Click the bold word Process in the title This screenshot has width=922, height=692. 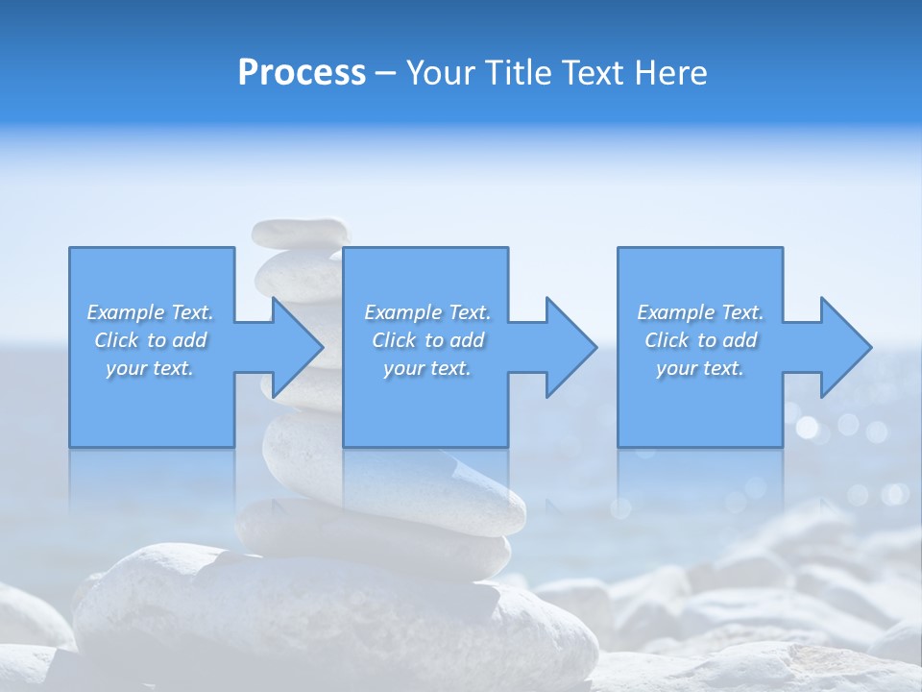tap(302, 73)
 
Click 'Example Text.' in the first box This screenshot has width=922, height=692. tap(150, 312)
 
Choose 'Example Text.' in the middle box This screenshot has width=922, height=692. tap(427, 312)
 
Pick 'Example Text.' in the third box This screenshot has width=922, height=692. tap(700, 312)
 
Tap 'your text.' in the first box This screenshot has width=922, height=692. tap(150, 368)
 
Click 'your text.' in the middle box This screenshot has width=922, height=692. tap(427, 368)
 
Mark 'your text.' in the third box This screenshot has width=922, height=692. tap(700, 368)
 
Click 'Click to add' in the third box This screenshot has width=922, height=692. tap(700, 340)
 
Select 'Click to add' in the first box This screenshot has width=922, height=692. tap(150, 340)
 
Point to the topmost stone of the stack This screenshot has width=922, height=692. tap(300, 232)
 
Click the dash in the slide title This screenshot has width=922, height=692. tap(385, 74)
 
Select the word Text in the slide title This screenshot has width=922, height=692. tap(591, 73)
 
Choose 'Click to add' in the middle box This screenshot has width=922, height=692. tap(427, 340)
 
